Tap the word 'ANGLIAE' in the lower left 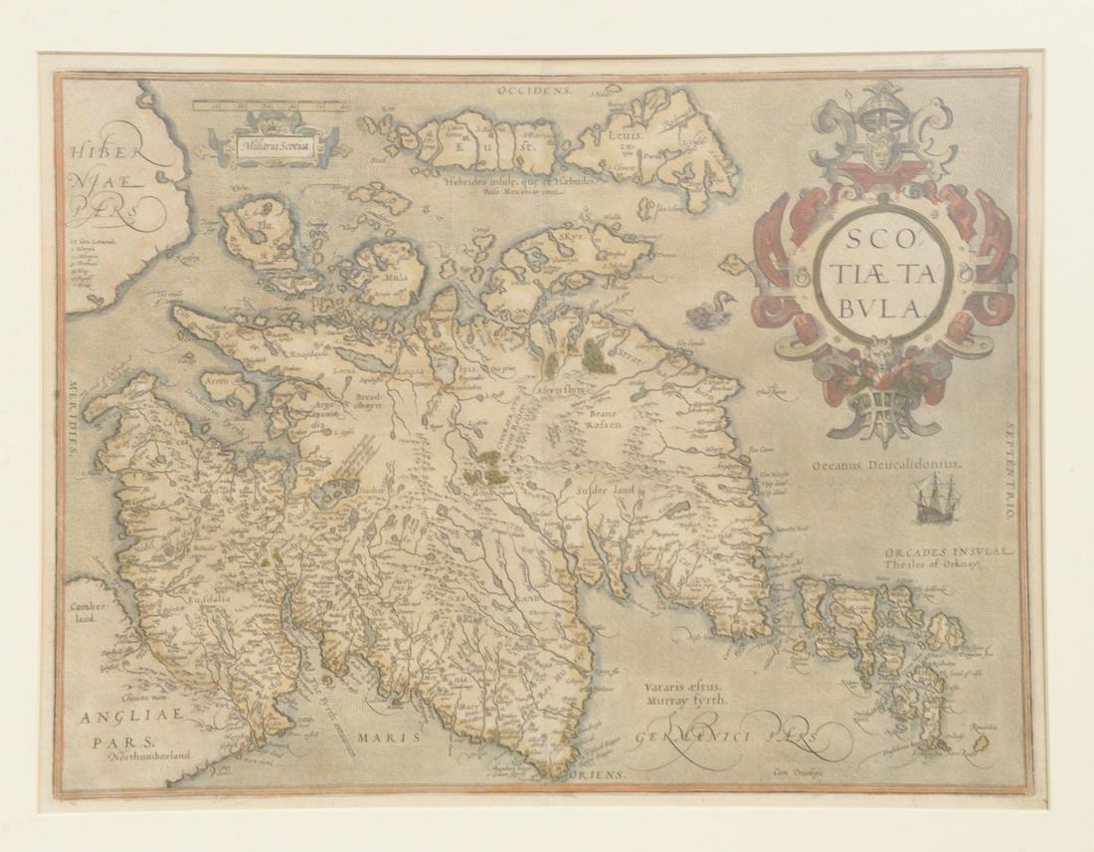click(x=122, y=713)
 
